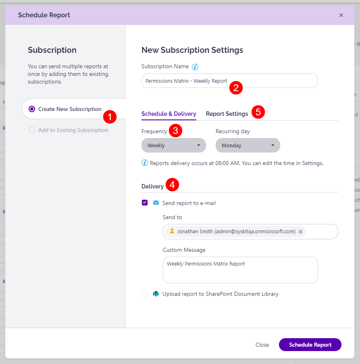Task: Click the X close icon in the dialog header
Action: pyautogui.click(x=341, y=15)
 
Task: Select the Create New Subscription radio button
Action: pyautogui.click(x=32, y=109)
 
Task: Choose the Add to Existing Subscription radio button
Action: pyautogui.click(x=32, y=130)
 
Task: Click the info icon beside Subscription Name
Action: pyautogui.click(x=195, y=67)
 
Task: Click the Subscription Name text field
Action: pyautogui.click(x=185, y=81)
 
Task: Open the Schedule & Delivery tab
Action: pyautogui.click(x=169, y=114)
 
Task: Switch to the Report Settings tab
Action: pyautogui.click(x=227, y=114)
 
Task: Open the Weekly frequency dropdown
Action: pyautogui.click(x=173, y=145)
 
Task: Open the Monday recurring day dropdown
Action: pyautogui.click(x=248, y=145)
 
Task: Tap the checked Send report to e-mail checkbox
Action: pyautogui.click(x=145, y=203)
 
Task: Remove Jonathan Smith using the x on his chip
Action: pyautogui.click(x=300, y=232)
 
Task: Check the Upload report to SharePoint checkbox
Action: pyautogui.click(x=145, y=294)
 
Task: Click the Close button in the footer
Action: pyautogui.click(x=262, y=345)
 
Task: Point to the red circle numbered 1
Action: pyautogui.click(x=110, y=117)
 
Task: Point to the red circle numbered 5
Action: pyautogui.click(x=258, y=112)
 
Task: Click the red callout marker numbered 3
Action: pyautogui.click(x=175, y=130)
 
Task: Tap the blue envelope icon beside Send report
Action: pyautogui.click(x=156, y=203)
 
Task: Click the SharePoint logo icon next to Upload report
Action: pyautogui.click(x=156, y=294)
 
